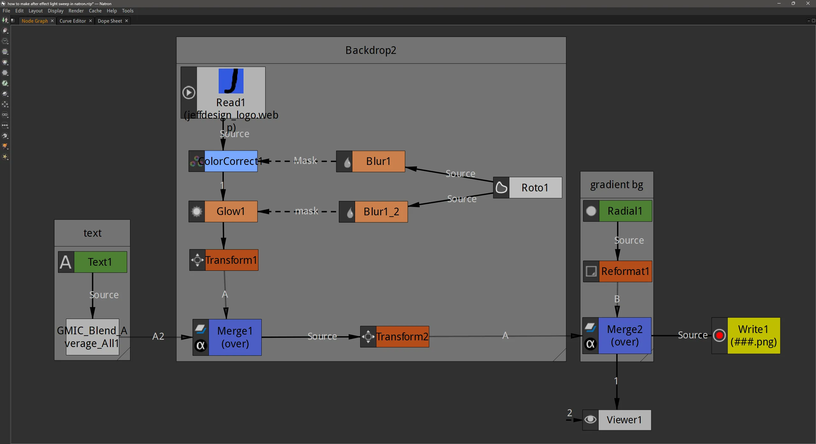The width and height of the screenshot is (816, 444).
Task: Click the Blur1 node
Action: coord(378,161)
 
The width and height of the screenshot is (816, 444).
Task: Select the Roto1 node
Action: coord(535,188)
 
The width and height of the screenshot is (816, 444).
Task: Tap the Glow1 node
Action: coord(230,211)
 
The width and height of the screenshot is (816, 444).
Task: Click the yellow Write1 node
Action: coord(754,336)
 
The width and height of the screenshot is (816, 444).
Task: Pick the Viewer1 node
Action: coord(624,420)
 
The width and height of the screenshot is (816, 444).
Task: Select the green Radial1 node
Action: coord(625,211)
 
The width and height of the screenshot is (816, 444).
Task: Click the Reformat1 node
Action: coord(625,271)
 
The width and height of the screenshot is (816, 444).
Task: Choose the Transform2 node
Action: coord(402,337)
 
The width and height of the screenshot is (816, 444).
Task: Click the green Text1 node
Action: coord(100,262)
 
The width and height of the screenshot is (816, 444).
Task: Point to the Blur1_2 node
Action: coord(381,211)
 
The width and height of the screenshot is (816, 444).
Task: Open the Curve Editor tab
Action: coord(73,21)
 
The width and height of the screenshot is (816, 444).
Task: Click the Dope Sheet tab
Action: coord(110,21)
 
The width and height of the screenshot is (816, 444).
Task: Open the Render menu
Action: coord(76,11)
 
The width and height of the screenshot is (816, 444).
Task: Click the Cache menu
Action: coord(95,11)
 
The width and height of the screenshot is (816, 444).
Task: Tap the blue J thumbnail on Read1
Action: coord(231,81)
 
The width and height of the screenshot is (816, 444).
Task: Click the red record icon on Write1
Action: coord(719,336)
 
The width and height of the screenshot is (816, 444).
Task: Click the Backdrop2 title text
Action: coord(371,50)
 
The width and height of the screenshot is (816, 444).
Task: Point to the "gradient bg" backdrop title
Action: coord(616,185)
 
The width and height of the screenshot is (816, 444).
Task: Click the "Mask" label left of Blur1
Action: coord(305,160)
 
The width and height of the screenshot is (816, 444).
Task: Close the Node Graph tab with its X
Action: coord(52,21)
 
